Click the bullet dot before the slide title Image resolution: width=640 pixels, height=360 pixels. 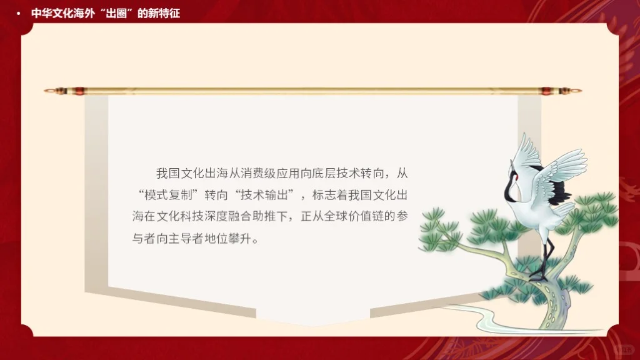18,13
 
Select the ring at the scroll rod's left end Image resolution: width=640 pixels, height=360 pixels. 47,91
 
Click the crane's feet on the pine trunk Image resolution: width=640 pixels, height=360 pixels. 539,275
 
